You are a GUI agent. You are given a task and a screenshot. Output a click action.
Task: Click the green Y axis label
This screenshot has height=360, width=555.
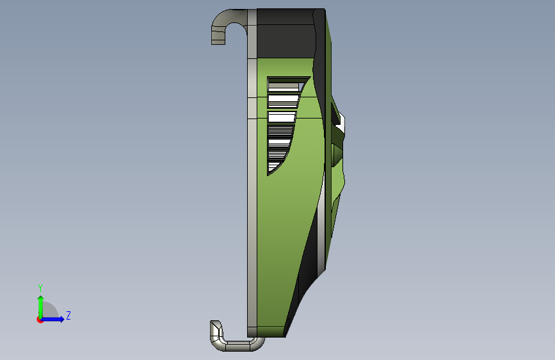(x=40, y=288)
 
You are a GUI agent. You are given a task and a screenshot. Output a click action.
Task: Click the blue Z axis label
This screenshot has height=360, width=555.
(x=68, y=315)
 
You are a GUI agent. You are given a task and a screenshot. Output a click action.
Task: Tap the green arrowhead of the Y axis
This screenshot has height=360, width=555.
(x=41, y=299)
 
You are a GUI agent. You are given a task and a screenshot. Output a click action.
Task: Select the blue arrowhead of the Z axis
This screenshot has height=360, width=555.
(x=61, y=319)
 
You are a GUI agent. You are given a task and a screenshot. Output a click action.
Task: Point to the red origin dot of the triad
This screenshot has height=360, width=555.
(x=40, y=320)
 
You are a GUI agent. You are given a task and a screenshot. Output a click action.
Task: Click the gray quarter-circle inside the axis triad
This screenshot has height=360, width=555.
(x=50, y=311)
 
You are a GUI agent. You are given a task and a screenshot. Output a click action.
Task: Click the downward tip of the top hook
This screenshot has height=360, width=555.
(x=218, y=42)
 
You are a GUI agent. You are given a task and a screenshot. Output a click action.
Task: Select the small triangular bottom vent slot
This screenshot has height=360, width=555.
(x=272, y=167)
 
